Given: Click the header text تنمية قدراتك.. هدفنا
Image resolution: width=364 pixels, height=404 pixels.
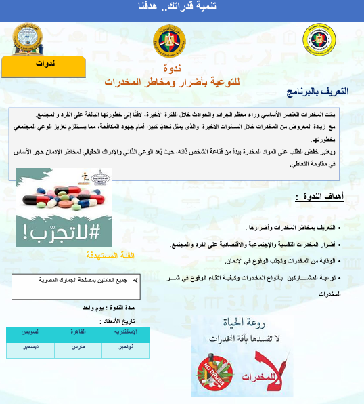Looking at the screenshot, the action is pyautogui.click(x=181, y=7).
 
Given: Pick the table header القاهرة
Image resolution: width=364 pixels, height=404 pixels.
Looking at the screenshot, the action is pyautogui.click(x=76, y=331).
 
